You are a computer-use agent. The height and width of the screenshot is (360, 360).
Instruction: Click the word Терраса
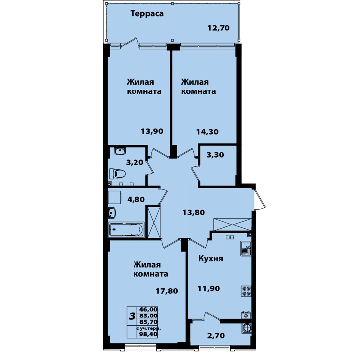[147, 13]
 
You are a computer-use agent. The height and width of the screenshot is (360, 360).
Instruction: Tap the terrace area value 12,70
[219, 28]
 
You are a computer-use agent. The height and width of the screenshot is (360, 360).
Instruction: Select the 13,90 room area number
[152, 131]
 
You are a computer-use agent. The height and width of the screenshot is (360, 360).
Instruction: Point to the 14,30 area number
[207, 132]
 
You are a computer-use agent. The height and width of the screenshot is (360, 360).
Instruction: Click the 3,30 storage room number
[215, 155]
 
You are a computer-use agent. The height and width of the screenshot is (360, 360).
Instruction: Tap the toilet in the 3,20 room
[117, 174]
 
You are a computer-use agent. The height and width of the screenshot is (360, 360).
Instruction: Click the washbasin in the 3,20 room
[120, 151]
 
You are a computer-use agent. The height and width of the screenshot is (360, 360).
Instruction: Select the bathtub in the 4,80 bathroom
[126, 229]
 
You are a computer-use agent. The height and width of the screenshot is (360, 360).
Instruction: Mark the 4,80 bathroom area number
[136, 199]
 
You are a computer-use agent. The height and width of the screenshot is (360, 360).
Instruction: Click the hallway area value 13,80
[193, 212]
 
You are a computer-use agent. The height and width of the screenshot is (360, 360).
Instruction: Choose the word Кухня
[211, 259]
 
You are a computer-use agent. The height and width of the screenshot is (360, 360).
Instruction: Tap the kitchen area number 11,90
[209, 288]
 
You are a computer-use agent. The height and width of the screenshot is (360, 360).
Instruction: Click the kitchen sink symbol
[246, 248]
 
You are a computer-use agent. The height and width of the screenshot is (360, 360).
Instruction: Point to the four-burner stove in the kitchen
[246, 291]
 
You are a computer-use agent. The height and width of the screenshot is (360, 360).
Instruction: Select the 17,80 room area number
[167, 291]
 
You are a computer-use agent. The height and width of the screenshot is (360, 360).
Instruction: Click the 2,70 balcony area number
[216, 336]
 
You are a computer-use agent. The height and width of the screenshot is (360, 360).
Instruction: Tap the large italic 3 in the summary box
[132, 317]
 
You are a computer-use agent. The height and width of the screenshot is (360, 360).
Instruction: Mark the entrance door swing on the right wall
[260, 200]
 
